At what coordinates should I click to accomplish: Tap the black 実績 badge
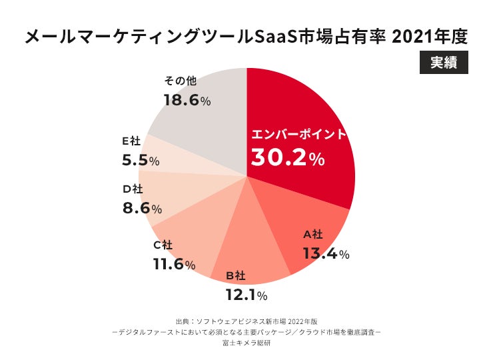click(x=444, y=62)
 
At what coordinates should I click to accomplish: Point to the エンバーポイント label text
click(x=298, y=135)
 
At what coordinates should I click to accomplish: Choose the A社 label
click(x=313, y=234)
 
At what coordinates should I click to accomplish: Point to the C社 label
click(x=163, y=245)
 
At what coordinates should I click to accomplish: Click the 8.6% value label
click(x=142, y=208)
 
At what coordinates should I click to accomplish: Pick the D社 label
click(x=133, y=189)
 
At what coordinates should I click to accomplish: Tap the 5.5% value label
click(x=140, y=161)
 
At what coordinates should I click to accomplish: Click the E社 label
click(x=131, y=141)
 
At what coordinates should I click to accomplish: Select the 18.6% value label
click(x=187, y=101)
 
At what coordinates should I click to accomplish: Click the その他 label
click(x=179, y=81)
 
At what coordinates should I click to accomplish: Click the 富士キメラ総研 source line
click(x=246, y=344)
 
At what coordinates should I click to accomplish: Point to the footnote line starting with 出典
click(x=246, y=321)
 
